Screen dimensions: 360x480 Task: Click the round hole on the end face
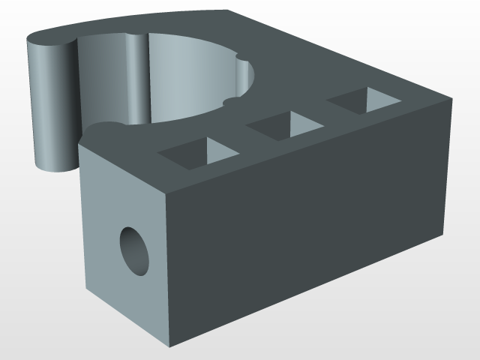pyautogui.click(x=135, y=250)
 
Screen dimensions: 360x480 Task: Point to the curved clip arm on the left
pyautogui.click(x=51, y=105)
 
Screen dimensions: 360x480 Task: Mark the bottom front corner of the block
pyautogui.click(x=174, y=346)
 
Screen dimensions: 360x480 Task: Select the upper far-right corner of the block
pyautogui.click(x=453, y=97)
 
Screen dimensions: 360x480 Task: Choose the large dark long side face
pyautogui.click(x=307, y=225)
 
